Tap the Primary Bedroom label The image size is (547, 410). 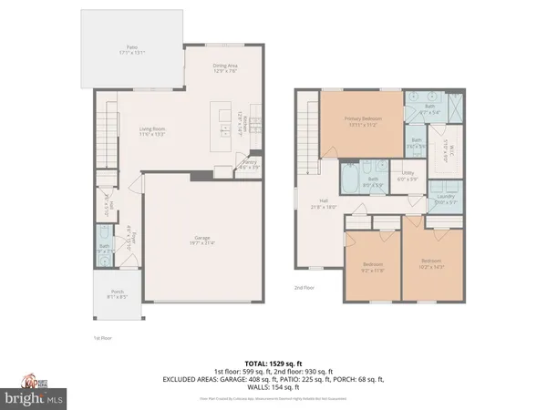click(x=362, y=122)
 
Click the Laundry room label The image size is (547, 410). click(x=446, y=200)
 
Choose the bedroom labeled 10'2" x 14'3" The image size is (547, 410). click(x=431, y=265)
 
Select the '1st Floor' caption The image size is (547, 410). click(x=102, y=338)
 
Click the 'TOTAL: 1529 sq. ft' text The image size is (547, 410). click(x=273, y=361)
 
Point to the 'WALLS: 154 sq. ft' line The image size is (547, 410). click(x=273, y=385)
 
